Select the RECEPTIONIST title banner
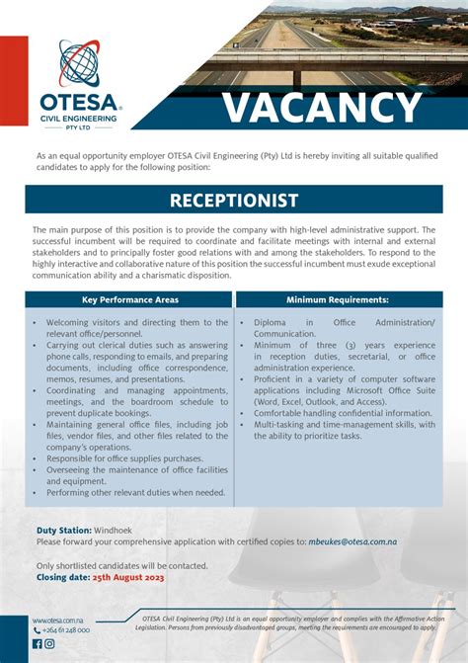pos(234,201)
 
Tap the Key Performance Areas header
pos(130,298)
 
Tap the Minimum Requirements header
pos(338,298)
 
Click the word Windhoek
pos(116,531)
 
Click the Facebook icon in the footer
pos(38,644)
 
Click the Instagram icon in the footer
pos(49,644)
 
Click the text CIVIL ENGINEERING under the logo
pos(79,118)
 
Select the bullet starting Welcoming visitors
pos(128,328)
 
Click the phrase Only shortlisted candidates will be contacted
pos(121,565)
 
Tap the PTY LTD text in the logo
pos(79,126)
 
